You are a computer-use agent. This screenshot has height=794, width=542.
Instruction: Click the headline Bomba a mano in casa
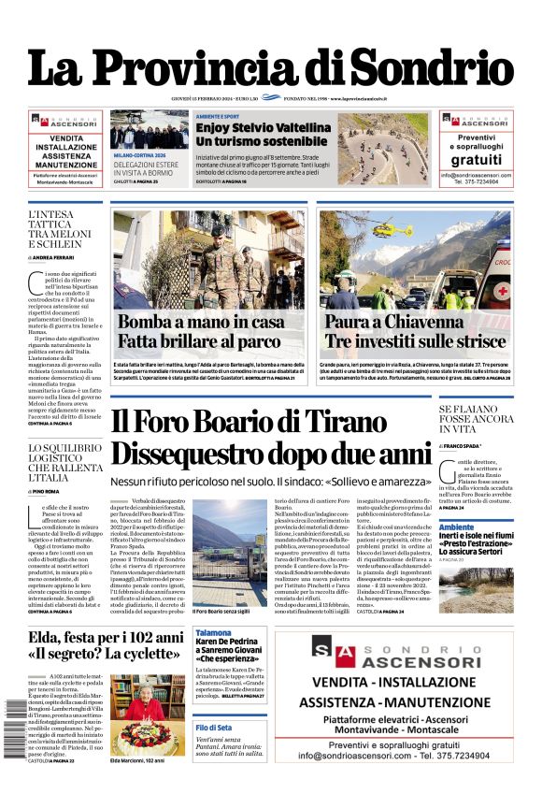(201, 322)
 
